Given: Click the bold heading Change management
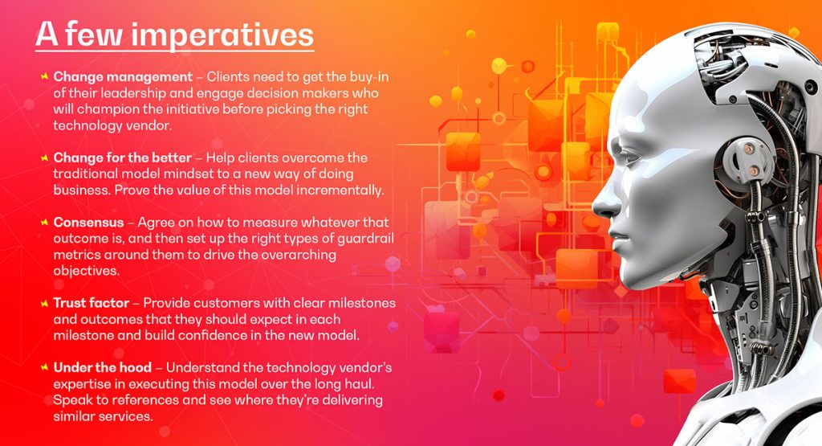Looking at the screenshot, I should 123,77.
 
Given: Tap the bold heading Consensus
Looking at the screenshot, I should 87,222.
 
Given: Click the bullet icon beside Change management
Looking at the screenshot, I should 43,77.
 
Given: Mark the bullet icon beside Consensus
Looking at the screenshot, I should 43,222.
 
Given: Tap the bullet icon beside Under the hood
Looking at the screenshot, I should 43,367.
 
